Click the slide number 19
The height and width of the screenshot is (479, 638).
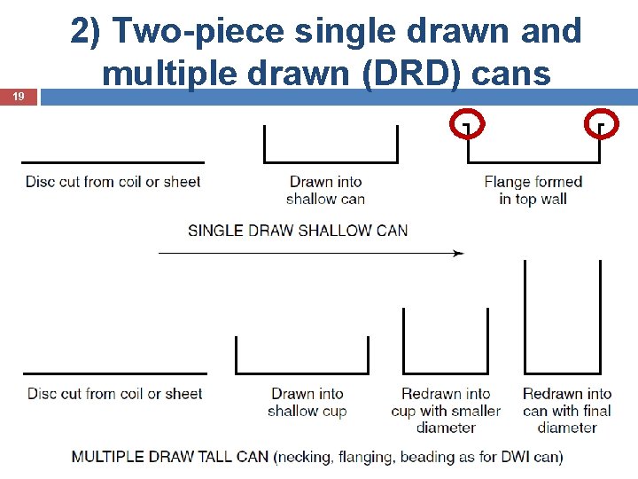(19, 96)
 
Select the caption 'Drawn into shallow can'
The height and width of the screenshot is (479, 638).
(325, 190)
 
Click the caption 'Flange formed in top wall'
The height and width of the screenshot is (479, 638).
(533, 190)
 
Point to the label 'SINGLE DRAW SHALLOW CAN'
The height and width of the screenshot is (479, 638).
(298, 231)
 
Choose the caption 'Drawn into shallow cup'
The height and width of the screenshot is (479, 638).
(307, 402)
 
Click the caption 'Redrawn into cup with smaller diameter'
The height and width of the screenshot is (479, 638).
(446, 410)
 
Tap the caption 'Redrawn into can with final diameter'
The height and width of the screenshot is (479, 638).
(567, 410)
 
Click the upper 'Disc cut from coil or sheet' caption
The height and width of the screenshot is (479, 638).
(113, 182)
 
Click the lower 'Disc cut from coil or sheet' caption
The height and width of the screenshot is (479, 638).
(115, 394)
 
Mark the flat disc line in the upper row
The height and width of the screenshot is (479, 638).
(113, 162)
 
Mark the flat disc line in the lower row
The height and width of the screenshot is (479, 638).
(114, 373)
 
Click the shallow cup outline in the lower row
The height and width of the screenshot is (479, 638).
(301, 372)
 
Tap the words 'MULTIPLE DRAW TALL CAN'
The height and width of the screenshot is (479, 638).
(170, 458)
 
